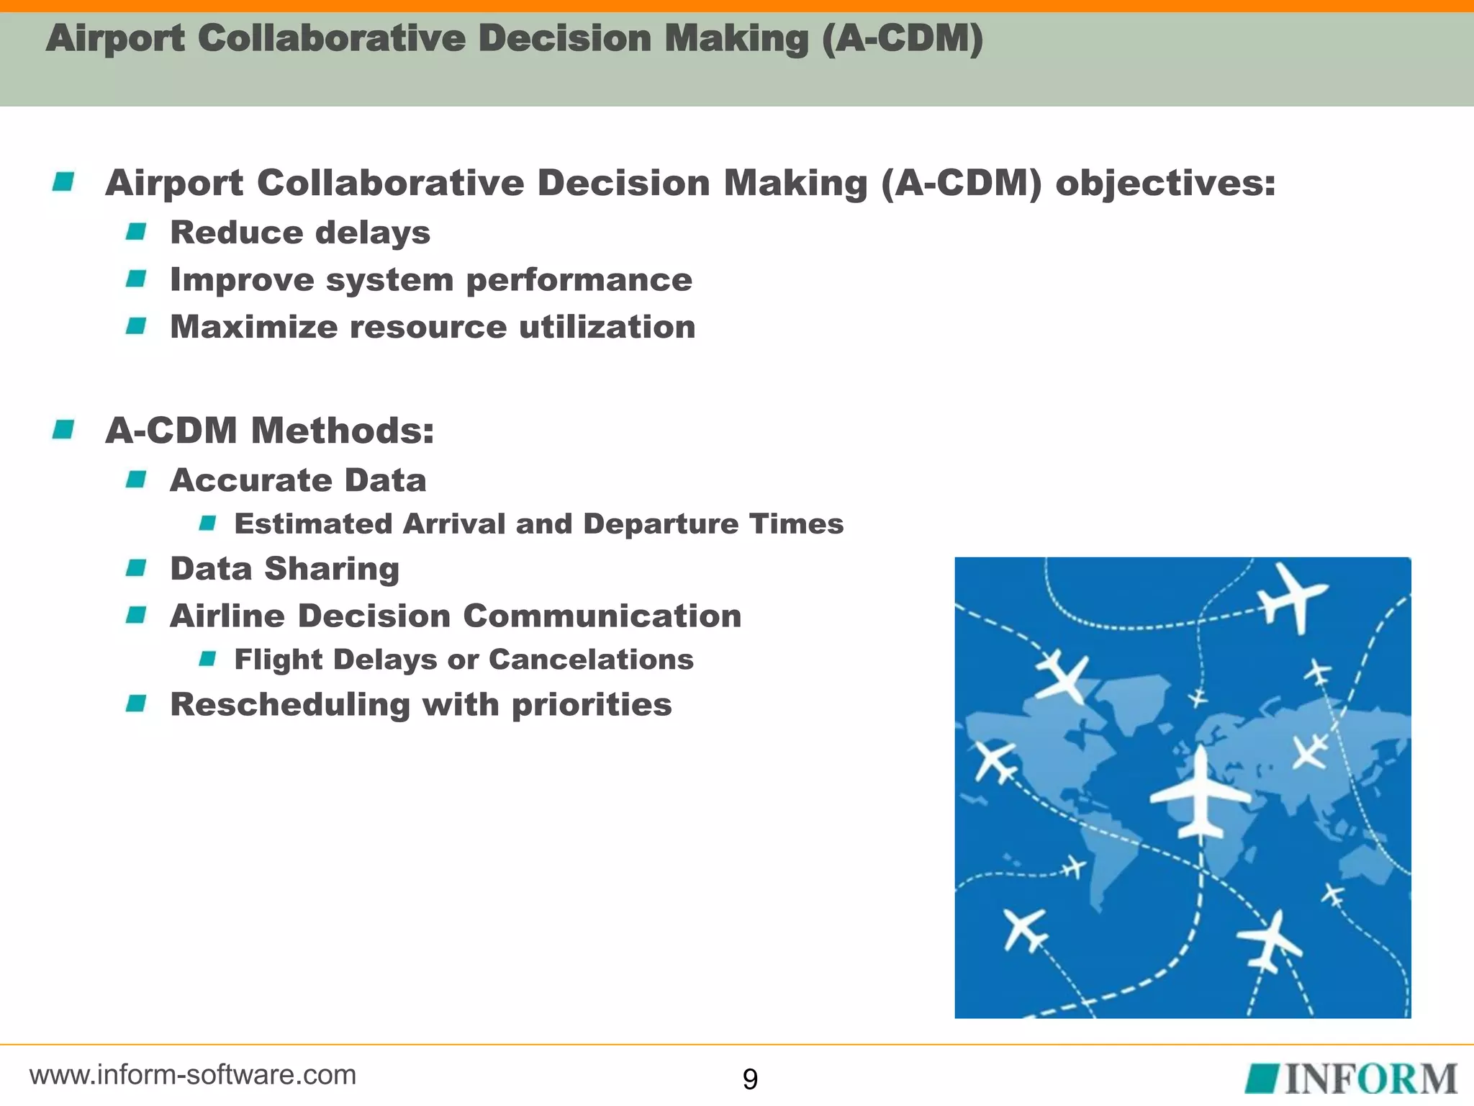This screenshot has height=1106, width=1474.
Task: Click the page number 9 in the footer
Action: (749, 1079)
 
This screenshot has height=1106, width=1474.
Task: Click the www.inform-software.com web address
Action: (193, 1074)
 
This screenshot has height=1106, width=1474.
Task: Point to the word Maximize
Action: (253, 327)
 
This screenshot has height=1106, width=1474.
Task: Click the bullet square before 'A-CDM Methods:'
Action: (63, 430)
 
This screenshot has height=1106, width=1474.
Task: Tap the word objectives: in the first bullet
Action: (1165, 182)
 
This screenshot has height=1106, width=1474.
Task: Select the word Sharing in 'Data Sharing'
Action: (332, 570)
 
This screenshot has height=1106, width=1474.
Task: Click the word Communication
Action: (602, 616)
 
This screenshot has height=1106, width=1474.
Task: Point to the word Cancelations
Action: (591, 660)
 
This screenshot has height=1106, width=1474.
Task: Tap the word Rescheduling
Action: (290, 704)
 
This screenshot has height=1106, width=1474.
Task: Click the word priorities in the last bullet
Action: (592, 704)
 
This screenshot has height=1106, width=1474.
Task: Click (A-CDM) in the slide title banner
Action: (903, 38)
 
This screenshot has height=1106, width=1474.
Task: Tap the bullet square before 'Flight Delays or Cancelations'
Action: (207, 659)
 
